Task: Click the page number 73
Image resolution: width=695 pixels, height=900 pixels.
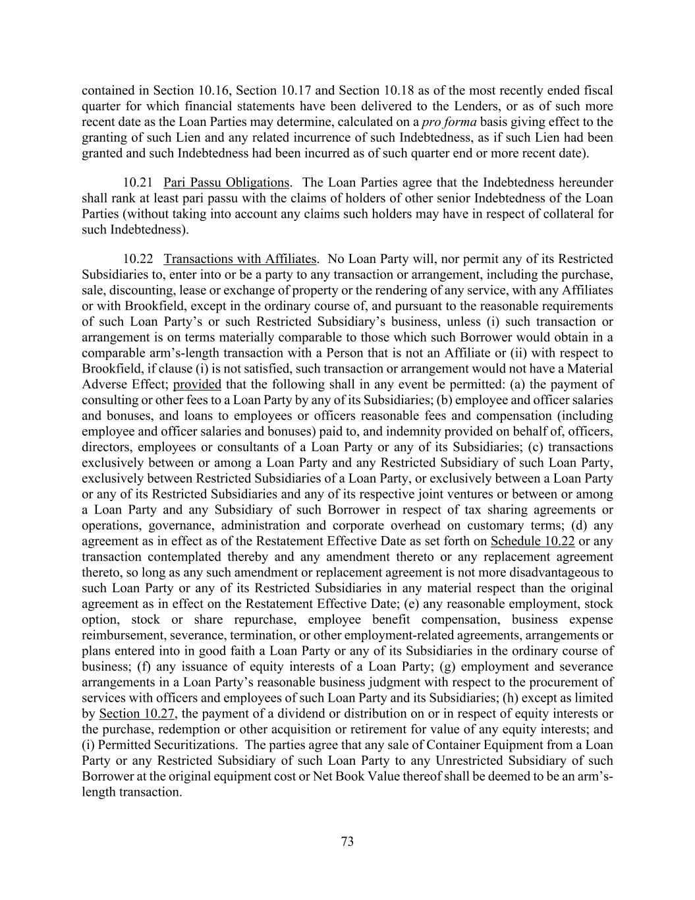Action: [x=347, y=841]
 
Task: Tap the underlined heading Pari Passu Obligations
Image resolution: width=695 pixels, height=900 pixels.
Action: [x=226, y=183]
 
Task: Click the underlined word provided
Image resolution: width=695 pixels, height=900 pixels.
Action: [x=197, y=384]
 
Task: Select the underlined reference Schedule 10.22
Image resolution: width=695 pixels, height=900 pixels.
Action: [x=532, y=541]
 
